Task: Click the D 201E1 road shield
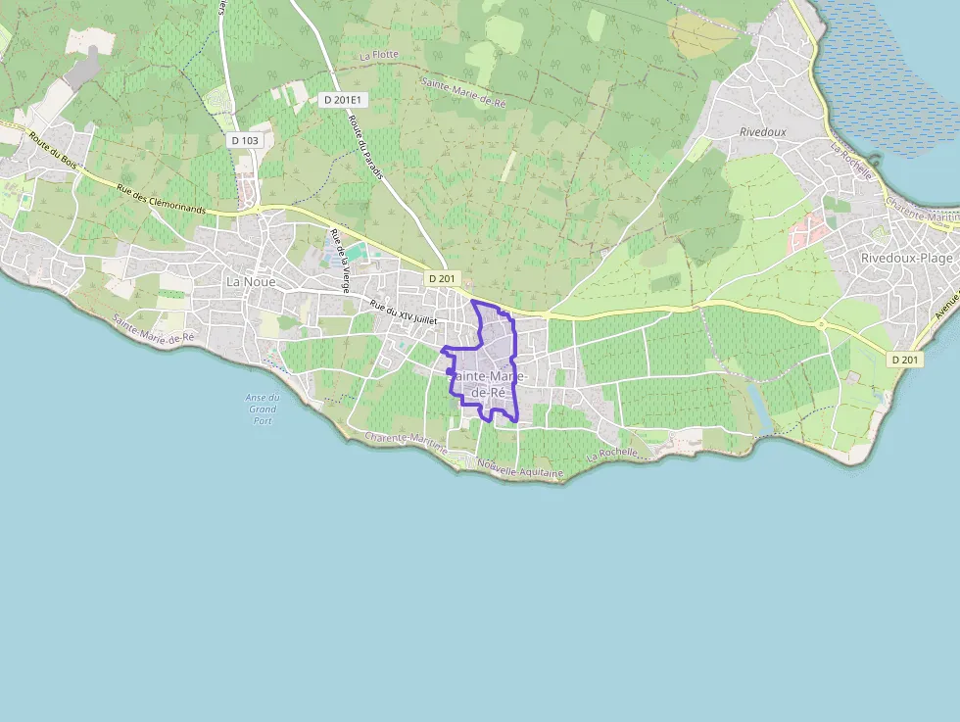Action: coord(343,99)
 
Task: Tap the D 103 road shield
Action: coord(245,140)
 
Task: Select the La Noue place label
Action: coord(251,281)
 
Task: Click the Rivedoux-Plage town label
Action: coord(906,257)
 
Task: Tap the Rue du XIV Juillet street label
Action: coord(404,313)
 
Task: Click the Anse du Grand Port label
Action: coord(262,409)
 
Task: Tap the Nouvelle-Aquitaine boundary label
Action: coord(520,469)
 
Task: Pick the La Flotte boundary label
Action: coord(379,55)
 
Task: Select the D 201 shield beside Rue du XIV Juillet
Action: coord(442,278)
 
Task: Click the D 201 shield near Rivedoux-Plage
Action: coord(905,360)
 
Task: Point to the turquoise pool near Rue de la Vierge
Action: coord(355,252)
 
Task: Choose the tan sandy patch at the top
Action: coord(702,35)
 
